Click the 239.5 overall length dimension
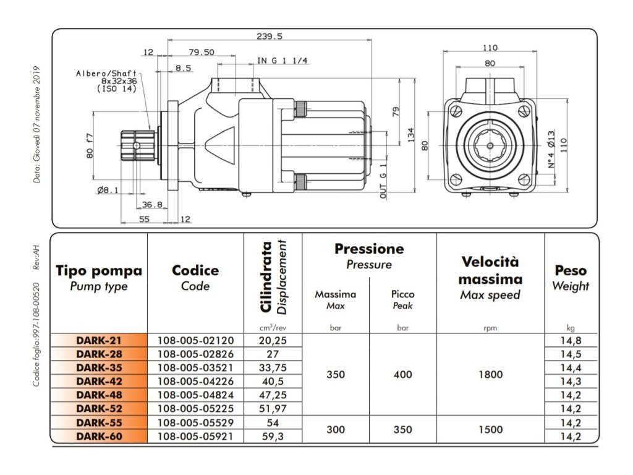[269, 36]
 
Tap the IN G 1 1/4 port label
[283, 61]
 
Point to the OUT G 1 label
[383, 179]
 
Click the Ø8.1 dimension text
[108, 190]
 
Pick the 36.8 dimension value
[151, 205]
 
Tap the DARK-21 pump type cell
[99, 340]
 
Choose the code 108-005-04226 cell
[195, 381]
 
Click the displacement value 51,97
[273, 408]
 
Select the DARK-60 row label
[99, 436]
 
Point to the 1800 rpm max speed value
[490, 374]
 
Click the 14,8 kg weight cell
[570, 340]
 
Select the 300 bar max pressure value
[336, 429]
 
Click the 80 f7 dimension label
[90, 145]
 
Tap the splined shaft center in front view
[490, 146]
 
